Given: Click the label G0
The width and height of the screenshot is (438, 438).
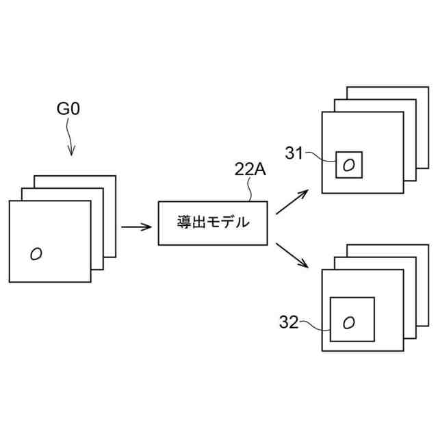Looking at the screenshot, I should tap(69, 110).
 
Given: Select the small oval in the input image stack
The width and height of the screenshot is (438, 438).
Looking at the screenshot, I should tap(36, 253).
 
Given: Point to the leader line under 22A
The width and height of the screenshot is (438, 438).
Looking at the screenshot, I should tap(253, 191).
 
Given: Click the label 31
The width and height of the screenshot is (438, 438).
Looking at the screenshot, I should tap(294, 154).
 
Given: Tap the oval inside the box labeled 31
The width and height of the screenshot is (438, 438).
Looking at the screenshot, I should tap(348, 164).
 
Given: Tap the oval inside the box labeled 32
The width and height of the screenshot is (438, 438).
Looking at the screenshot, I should tap(348, 321).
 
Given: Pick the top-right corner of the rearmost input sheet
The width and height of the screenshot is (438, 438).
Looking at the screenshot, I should tap(115, 176).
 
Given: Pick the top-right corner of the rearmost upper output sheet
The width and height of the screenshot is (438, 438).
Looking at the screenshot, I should tap(428, 87).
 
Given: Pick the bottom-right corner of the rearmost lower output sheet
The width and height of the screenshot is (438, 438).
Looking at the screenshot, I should tap(428, 325).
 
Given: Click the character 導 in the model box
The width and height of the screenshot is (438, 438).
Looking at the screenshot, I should tap(185, 222).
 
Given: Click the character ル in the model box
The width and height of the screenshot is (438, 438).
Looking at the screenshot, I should tap(242, 222).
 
